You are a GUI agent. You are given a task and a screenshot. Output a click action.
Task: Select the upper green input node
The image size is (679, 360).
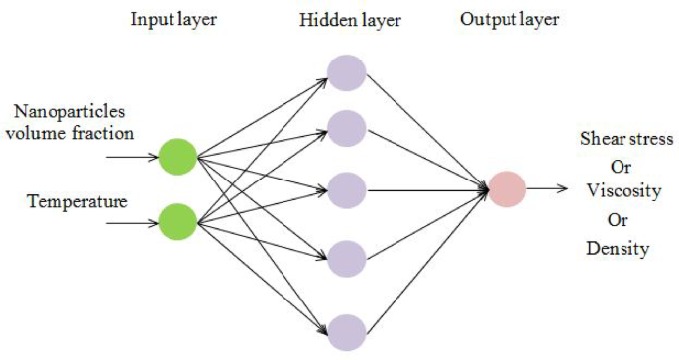178,156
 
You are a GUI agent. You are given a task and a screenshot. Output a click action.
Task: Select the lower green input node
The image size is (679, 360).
178,220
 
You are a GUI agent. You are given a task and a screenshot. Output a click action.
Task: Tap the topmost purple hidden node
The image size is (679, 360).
347,73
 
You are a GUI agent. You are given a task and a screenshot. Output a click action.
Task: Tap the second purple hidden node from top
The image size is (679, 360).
347,128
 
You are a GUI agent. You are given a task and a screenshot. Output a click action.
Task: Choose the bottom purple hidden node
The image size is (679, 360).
347,331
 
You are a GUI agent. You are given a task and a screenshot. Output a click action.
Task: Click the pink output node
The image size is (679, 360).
507,188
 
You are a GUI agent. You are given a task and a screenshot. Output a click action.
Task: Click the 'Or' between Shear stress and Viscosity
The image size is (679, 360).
621,166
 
